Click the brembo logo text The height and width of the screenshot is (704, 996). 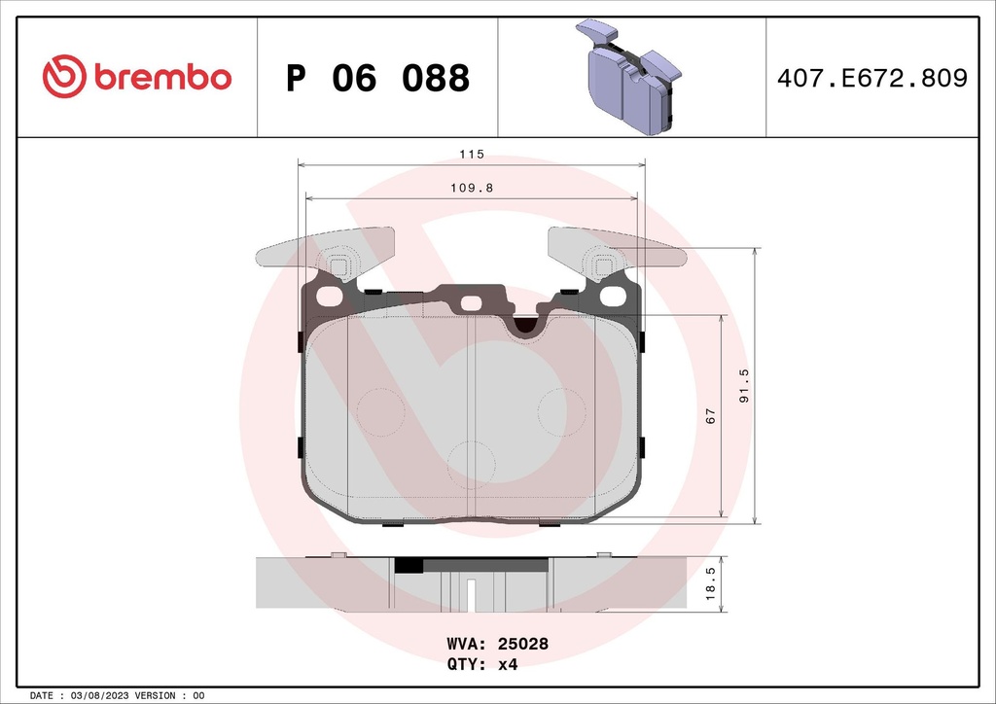162,77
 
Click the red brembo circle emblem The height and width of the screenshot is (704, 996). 65,77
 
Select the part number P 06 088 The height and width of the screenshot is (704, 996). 377,78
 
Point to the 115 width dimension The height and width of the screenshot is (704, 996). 472,155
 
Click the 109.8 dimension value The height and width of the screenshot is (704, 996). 472,189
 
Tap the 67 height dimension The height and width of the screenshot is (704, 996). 711,415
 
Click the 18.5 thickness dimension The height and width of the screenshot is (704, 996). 711,583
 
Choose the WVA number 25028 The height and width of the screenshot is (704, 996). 524,644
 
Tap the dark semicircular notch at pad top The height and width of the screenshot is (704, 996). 526,328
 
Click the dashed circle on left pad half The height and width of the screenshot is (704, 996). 380,411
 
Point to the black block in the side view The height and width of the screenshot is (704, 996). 409,565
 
